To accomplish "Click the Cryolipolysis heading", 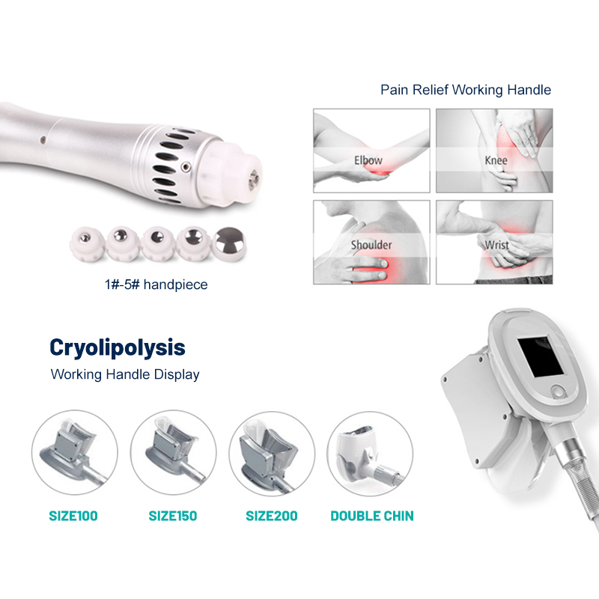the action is [x=118, y=348].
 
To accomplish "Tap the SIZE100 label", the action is [x=73, y=516].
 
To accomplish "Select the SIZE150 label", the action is [x=173, y=516].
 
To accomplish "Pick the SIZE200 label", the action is [x=272, y=516].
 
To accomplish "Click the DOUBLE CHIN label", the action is [x=372, y=516].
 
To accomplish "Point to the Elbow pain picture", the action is [x=371, y=150].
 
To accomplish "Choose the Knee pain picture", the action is [x=494, y=150].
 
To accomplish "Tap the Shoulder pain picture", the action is [x=371, y=242].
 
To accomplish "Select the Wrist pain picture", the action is [x=494, y=242].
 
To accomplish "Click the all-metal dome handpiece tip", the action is [x=229, y=244].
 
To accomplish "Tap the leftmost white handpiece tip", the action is [x=86, y=244].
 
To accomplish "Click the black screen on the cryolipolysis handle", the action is [x=541, y=355].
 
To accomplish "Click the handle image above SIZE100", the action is [x=75, y=453].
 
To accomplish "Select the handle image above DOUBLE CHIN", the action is [x=370, y=454].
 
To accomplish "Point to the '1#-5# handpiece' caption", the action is [x=156, y=285].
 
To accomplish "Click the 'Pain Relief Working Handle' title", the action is [x=466, y=90].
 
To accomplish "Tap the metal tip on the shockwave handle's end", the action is [x=253, y=180].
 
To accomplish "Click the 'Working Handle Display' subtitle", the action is [x=125, y=374].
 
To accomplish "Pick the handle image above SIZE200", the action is [x=272, y=454].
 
